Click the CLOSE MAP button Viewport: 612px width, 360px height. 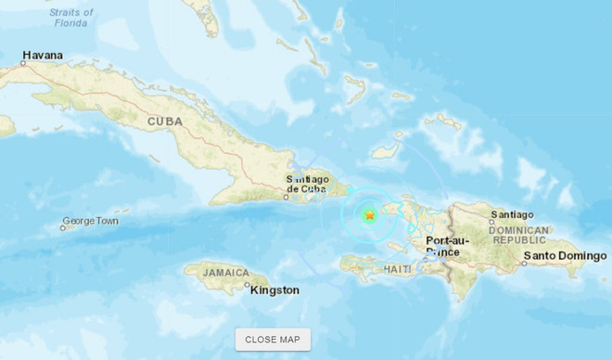coord(273,340)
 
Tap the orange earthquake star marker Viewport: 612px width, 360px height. coord(369,216)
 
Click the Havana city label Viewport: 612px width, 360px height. coord(44,56)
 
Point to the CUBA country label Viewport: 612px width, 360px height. coord(165,122)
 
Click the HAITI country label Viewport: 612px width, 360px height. coord(398,269)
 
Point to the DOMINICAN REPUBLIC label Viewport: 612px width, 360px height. coord(519,234)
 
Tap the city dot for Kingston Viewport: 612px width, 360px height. coord(248,288)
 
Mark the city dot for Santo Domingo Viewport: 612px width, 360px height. coord(524,263)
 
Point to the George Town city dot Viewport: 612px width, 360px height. coord(63,227)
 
